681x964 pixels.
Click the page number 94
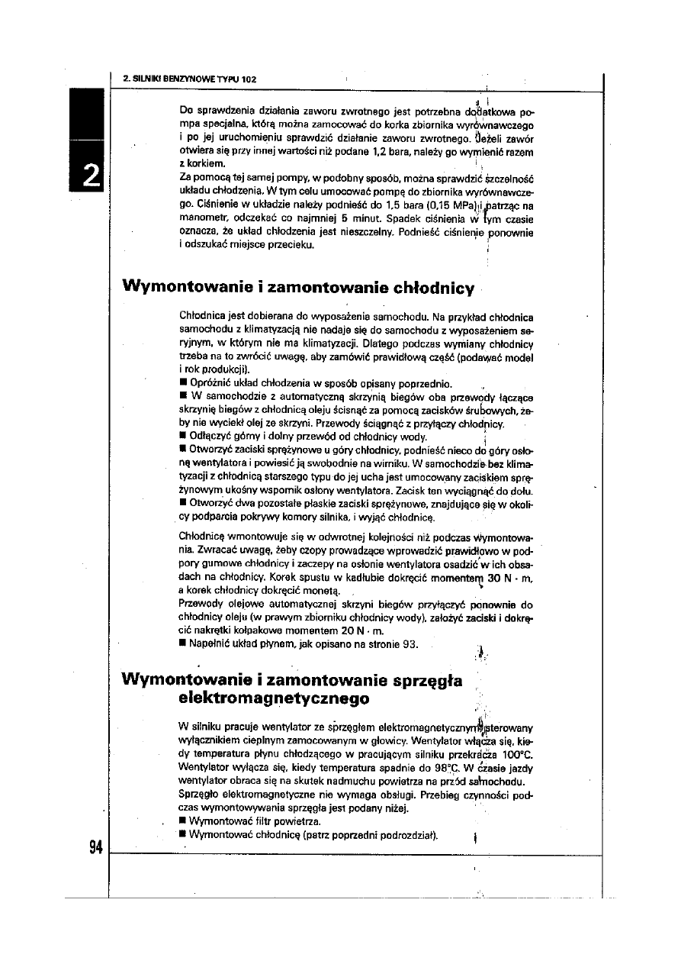(95, 847)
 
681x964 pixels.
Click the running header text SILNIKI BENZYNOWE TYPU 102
(195, 79)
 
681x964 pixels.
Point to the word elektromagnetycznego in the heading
(273, 698)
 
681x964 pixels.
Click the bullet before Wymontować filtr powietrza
(182, 822)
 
